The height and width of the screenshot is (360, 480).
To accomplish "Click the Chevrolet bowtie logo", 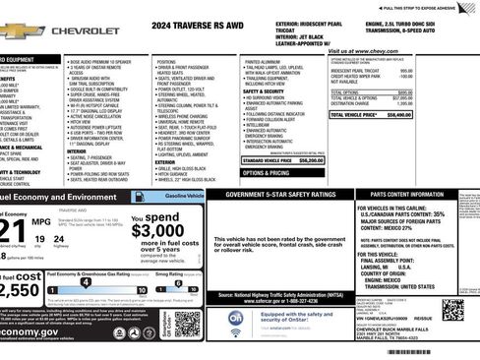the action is [x=20, y=30].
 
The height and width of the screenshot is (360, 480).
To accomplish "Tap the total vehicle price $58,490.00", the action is [x=397, y=115].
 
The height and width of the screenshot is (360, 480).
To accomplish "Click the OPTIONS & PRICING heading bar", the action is [x=266, y=172].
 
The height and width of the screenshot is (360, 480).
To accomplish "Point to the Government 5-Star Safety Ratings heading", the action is [x=281, y=195].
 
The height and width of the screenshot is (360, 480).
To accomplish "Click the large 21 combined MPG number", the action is [x=14, y=231].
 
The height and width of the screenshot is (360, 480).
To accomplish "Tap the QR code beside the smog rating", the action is [x=186, y=322].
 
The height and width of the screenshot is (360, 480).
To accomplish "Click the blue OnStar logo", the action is [x=236, y=319].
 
